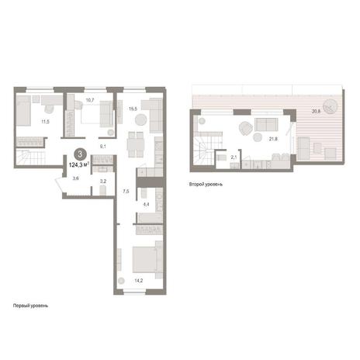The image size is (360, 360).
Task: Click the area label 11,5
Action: (46, 122)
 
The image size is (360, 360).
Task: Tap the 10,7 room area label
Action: (90, 100)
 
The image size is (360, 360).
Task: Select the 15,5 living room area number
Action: (133, 109)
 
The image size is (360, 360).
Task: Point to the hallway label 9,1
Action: (103, 147)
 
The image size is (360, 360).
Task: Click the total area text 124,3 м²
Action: (79, 164)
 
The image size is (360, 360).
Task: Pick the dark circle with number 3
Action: (80, 154)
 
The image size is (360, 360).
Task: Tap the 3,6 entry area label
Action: (76, 178)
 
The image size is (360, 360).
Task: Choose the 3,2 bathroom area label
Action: (103, 182)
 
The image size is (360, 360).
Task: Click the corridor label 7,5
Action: (126, 192)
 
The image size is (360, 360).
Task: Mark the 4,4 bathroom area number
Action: (146, 204)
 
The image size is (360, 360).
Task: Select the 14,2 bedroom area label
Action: (139, 280)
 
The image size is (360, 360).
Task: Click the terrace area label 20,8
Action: (317, 112)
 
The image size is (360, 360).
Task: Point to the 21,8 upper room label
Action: (273, 139)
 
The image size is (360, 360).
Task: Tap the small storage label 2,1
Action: (234, 157)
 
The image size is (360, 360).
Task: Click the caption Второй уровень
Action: (206, 185)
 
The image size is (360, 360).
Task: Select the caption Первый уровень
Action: (30, 306)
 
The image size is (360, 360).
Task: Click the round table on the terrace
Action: (331, 106)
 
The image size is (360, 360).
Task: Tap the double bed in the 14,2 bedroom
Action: (147, 260)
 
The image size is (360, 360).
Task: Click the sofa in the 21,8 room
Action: (266, 124)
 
